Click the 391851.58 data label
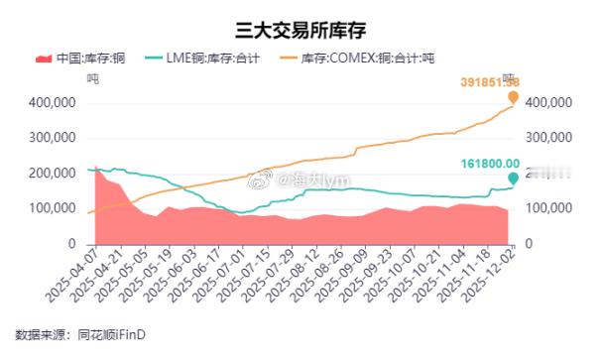click(503, 81)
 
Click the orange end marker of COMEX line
click(513, 97)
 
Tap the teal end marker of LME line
click(513, 179)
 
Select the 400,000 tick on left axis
click(53, 102)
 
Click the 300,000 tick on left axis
click(53, 138)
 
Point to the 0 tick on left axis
click(72, 244)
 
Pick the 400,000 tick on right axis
click(546, 102)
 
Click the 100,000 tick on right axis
click(546, 208)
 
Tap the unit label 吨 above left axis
click(93, 78)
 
